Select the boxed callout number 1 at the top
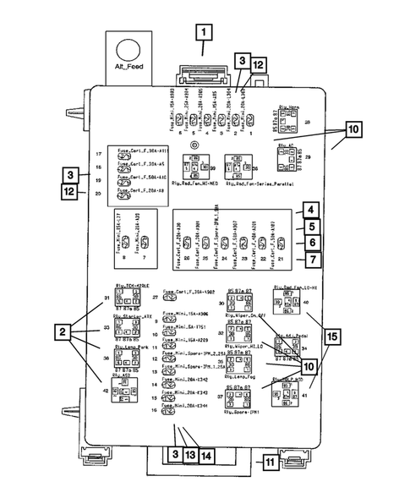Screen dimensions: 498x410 pyautogui.click(x=204, y=34)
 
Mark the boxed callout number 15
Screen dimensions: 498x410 pyautogui.click(x=332, y=337)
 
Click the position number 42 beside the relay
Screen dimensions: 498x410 pyautogui.click(x=106, y=390)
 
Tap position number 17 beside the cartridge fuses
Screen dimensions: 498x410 pyautogui.click(x=99, y=154)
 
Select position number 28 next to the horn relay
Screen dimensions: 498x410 pyautogui.click(x=308, y=123)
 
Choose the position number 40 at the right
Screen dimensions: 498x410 pyautogui.click(x=306, y=302)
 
